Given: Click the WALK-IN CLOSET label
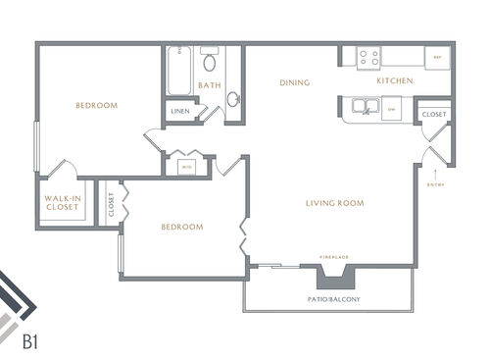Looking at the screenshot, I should tap(62, 203).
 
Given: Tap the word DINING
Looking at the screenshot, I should tap(294, 82).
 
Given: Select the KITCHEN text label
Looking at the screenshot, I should tap(394, 80).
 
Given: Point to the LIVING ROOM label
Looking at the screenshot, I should tap(334, 204).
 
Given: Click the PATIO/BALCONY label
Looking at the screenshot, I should tap(326, 296).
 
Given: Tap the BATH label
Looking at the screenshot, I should tap(210, 85).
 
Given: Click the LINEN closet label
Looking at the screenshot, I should tap(180, 111).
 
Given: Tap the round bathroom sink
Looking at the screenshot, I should tap(233, 99).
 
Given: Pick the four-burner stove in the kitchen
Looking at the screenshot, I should tap(369, 58).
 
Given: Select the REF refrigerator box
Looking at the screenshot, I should tap(437, 58).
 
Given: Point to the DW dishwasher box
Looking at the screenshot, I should tap(392, 110).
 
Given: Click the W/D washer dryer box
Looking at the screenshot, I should tap(186, 166).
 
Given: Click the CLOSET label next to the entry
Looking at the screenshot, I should tap(434, 115).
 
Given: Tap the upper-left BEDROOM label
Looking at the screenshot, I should tap(97, 106).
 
